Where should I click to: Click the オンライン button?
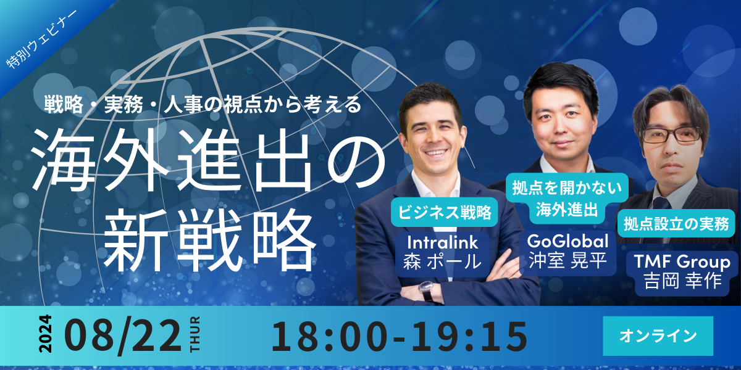(658, 335)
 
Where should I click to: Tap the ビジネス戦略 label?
(444, 212)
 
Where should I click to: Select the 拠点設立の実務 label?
(676, 224)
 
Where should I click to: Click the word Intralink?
(443, 242)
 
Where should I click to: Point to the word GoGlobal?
(567, 241)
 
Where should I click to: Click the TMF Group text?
(682, 262)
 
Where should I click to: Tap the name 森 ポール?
(442, 261)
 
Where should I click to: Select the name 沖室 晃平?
(567, 260)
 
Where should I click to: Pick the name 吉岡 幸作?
(682, 281)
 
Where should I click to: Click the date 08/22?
(123, 335)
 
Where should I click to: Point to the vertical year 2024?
(46, 334)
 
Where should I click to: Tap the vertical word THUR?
(195, 334)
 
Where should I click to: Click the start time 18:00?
(329, 336)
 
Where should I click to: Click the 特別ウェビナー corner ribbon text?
(42, 39)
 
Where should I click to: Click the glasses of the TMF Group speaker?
(671, 136)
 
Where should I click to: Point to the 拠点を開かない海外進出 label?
(567, 198)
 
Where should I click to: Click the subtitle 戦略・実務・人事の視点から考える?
(203, 104)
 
